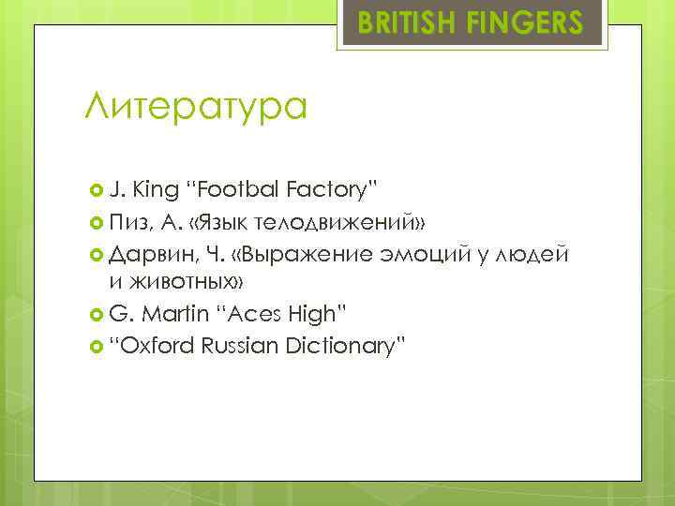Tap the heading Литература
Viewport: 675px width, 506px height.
click(195, 108)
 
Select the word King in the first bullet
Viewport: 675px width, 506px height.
click(156, 190)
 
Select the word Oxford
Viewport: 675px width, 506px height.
click(156, 346)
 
